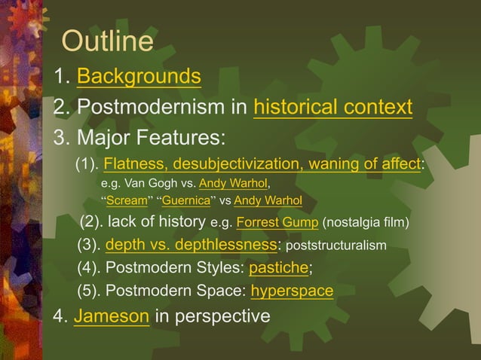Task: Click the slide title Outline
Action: (107, 41)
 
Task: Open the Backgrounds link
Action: (139, 76)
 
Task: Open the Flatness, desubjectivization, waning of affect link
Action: (262, 164)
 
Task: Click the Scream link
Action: (126, 200)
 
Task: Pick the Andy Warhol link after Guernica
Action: (268, 200)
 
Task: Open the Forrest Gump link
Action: (277, 222)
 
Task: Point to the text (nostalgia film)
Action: (366, 222)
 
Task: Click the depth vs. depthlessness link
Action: (191, 246)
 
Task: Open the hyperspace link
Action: (292, 291)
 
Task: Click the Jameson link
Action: (112, 316)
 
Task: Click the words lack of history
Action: (157, 222)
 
